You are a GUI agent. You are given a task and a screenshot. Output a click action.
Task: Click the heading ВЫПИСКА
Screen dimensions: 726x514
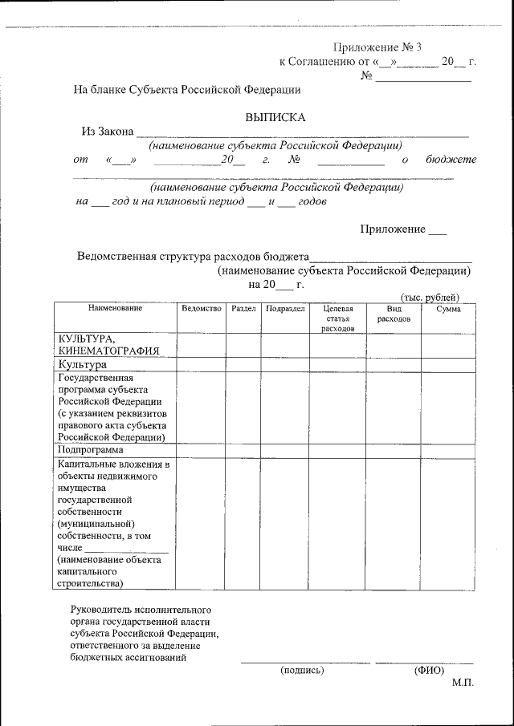[x=275, y=117]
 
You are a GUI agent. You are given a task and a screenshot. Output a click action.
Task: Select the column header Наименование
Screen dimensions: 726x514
[x=115, y=309]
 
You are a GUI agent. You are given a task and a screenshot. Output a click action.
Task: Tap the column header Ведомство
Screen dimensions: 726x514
[x=201, y=309]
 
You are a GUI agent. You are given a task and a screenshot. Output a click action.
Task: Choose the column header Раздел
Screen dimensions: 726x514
[x=243, y=309]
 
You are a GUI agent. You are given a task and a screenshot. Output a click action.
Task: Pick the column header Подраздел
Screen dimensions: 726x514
[x=284, y=309]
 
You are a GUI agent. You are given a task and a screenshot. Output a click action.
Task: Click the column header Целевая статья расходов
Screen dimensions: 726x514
[x=337, y=318]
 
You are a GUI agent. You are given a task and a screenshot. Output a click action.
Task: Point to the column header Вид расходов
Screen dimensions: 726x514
[x=393, y=314]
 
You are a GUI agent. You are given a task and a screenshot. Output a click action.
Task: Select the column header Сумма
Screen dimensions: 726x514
[x=448, y=309]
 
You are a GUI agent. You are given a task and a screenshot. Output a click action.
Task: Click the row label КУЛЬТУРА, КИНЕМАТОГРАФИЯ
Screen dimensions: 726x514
[x=98, y=344]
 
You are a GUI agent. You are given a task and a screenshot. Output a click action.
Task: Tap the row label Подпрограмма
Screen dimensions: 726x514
[x=90, y=451]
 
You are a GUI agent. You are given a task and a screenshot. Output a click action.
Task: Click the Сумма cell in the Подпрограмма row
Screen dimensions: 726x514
[x=448, y=451]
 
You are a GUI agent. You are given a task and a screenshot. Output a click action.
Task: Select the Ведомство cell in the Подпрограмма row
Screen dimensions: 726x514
[x=201, y=451]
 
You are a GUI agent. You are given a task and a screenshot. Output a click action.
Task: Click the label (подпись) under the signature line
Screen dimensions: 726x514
[x=301, y=670]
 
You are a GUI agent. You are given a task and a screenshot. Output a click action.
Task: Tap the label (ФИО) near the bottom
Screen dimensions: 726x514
[x=429, y=670]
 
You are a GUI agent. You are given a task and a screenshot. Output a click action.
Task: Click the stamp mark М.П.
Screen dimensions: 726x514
[x=463, y=683]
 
